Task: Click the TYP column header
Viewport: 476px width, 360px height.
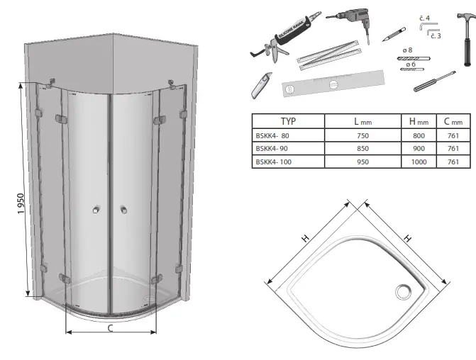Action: tap(287, 121)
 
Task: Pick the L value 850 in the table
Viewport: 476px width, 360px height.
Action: tap(362, 148)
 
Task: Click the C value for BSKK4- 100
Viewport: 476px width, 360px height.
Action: tap(453, 162)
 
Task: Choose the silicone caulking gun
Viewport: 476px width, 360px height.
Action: tap(284, 39)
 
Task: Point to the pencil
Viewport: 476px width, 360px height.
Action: tap(394, 33)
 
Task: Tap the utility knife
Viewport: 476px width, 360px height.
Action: tap(260, 85)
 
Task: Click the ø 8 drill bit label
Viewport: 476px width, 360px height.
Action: tap(408, 50)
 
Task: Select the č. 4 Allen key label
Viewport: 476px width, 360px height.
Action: tap(424, 18)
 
